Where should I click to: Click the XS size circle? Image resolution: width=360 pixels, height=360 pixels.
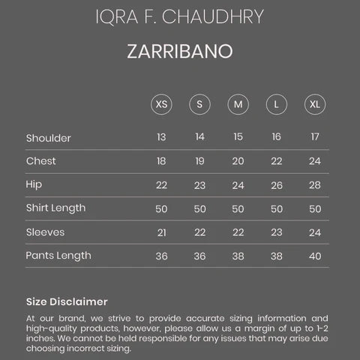161,103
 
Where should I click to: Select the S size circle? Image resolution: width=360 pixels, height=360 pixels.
199,103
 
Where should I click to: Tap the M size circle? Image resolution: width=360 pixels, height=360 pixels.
238,103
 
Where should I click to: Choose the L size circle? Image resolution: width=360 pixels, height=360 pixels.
276,103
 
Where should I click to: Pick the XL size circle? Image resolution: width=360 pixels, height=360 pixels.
314,103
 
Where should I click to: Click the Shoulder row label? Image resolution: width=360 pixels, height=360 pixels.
49,138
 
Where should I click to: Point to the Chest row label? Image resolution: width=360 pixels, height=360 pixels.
41,161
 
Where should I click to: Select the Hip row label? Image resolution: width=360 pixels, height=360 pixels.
34,184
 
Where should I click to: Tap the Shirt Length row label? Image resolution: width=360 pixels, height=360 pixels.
55,208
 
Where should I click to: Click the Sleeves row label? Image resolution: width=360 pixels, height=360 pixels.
45,232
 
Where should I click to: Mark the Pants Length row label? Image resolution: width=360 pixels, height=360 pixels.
58,256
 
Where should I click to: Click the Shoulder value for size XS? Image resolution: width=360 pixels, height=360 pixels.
161,137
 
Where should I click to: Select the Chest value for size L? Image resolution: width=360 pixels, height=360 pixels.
276,161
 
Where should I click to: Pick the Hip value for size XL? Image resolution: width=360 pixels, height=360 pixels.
314,185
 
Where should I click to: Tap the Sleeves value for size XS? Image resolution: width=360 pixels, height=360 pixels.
161,232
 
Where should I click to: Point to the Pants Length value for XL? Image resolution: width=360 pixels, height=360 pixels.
314,256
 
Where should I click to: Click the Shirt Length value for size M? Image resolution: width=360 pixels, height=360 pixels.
238,208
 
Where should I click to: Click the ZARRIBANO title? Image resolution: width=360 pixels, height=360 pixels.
180,52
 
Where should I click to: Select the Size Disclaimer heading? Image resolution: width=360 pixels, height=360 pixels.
67,301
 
